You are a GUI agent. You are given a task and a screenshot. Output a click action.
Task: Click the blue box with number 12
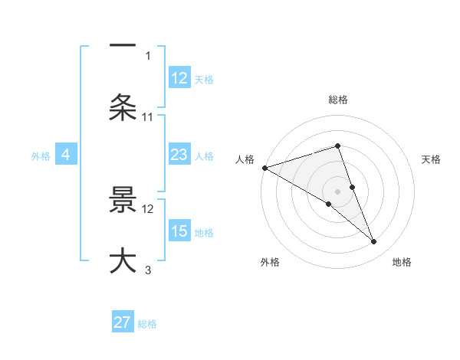179,78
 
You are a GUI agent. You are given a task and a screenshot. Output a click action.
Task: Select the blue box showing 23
179,155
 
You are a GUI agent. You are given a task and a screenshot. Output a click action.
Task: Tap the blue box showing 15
179,231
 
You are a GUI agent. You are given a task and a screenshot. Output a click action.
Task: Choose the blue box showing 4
65,155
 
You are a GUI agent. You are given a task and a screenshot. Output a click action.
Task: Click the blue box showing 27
123,322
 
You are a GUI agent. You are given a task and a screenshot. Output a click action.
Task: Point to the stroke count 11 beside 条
148,116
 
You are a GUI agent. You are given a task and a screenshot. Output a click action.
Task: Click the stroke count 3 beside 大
148,270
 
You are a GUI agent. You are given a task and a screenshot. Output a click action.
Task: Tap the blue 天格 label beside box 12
204,79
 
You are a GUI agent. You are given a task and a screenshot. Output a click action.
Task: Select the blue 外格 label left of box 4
41,156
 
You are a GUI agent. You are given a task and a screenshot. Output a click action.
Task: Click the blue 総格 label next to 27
147,324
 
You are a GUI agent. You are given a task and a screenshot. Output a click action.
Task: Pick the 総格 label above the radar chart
338,100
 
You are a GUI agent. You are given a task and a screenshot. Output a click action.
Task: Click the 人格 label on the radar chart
245,159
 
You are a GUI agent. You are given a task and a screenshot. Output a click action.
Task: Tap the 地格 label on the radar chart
402,262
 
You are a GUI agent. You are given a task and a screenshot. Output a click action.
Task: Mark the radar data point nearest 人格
264,168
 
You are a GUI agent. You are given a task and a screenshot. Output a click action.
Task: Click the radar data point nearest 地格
374,242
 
